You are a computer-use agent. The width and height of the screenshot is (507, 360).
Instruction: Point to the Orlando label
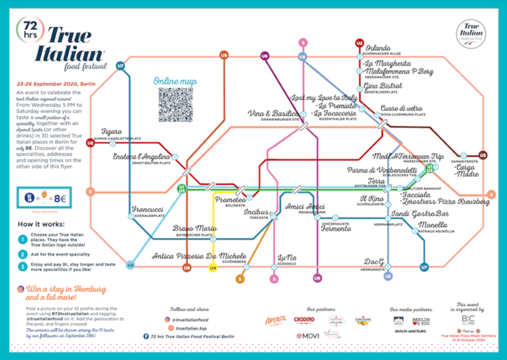378,48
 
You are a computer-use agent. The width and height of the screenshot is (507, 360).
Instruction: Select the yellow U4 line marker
213,268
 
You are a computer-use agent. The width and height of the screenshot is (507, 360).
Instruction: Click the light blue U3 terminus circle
129,265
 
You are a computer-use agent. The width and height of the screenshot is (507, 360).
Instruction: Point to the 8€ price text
61,199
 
